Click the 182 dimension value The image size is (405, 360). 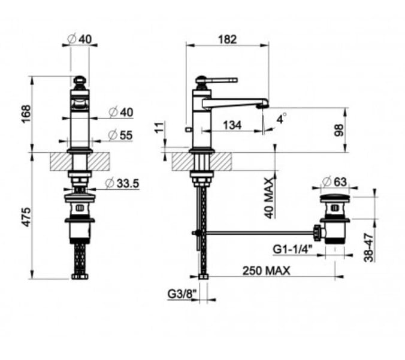pos(227,40)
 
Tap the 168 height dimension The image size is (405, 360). pos(26,114)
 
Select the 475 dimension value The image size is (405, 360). pos(26,217)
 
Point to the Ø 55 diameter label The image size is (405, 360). pos(120,135)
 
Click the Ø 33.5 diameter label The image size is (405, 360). pos(122,183)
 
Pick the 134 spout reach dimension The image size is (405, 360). pos(232,125)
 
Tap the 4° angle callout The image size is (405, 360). pos(282,118)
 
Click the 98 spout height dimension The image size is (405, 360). pos(338,130)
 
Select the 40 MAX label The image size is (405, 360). pos(269,198)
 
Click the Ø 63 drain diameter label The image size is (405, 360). pos(334,181)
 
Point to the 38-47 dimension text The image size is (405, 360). pos(368,247)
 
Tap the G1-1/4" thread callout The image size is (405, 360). pos(292,250)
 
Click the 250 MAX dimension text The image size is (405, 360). pos(266,271)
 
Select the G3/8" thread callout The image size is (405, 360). pos(182,294)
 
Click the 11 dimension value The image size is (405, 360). pos(161,127)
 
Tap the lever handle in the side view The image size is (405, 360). pos(217,80)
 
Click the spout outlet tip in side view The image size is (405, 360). pos(263,105)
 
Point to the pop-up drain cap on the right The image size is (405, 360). pos(335,198)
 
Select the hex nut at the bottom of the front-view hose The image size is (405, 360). pos(80,276)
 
